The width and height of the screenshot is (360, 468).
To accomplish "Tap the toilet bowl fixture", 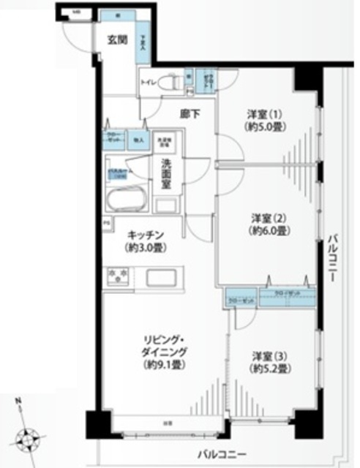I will (169, 83).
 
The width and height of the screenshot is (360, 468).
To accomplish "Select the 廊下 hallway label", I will (190, 113).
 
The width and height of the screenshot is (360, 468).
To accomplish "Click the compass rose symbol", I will (30, 441).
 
